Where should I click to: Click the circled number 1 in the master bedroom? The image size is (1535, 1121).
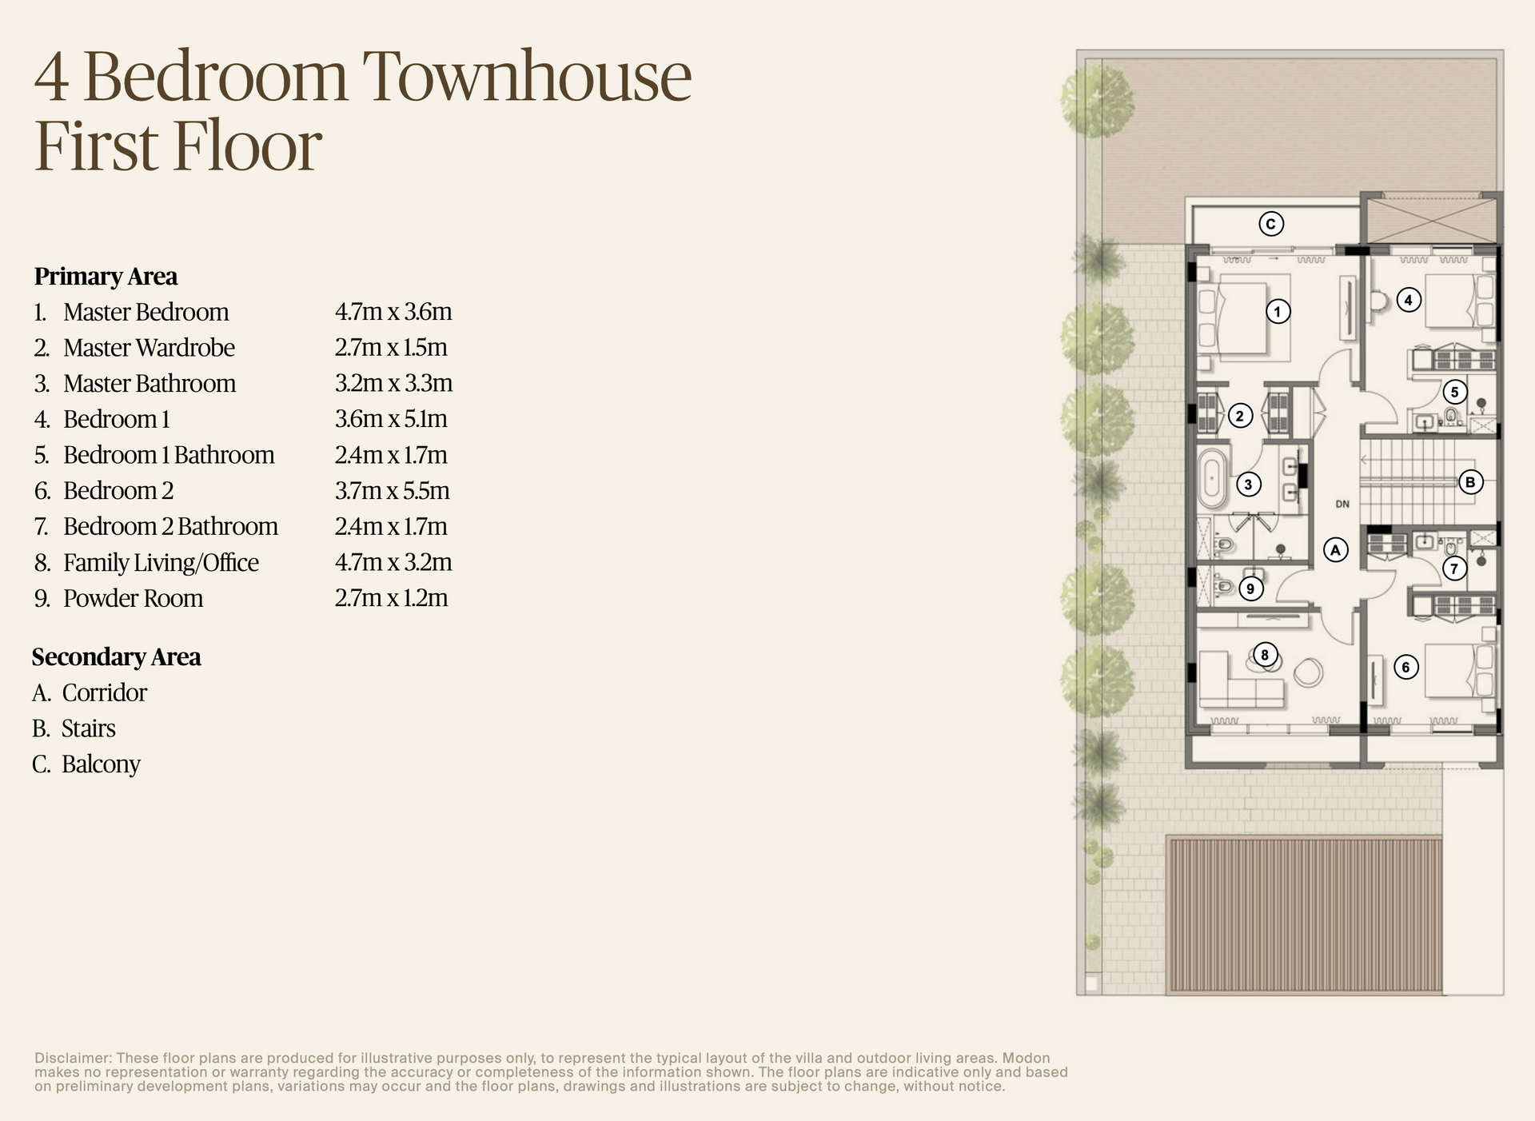point(1278,311)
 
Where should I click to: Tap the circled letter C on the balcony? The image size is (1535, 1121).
point(1271,224)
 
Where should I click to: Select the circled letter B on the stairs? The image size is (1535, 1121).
point(1470,482)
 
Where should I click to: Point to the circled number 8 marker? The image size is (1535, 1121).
point(1264,655)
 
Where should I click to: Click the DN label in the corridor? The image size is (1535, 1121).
point(1342,504)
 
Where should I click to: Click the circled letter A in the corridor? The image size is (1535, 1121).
point(1336,549)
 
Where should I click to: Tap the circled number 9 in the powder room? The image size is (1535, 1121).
point(1250,589)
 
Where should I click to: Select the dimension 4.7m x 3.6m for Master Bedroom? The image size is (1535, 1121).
point(393,312)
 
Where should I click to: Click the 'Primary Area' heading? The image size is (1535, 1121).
point(106,277)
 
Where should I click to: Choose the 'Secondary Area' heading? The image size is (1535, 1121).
point(117,657)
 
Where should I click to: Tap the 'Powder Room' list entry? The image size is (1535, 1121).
point(133,599)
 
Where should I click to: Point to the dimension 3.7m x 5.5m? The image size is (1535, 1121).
point(392,491)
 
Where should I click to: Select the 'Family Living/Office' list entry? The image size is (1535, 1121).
point(161,563)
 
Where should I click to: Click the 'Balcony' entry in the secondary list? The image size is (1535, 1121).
point(101,764)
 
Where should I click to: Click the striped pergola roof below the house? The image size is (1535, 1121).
point(1304,915)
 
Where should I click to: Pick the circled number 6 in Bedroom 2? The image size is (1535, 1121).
point(1405,667)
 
